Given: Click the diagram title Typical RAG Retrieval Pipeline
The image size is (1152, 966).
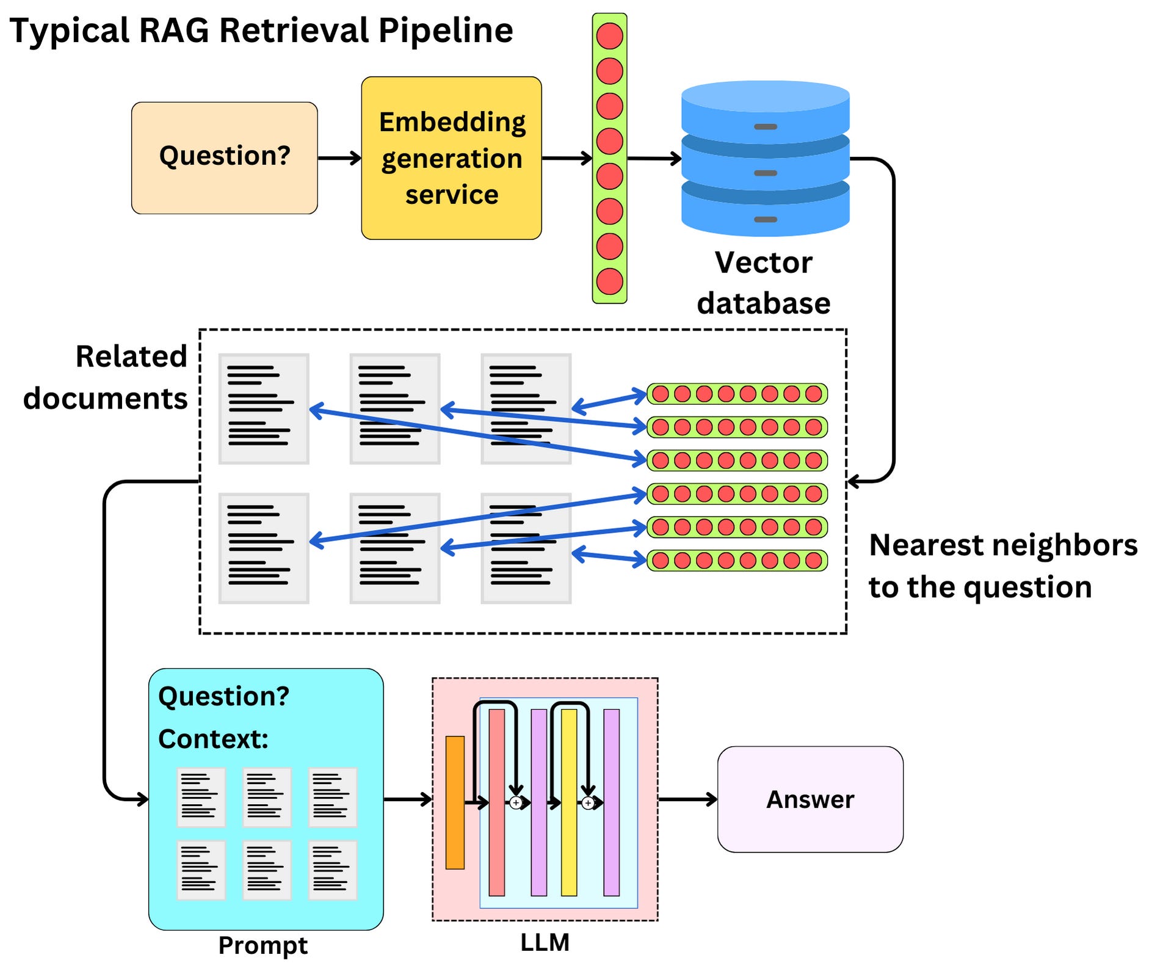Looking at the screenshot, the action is [x=261, y=31].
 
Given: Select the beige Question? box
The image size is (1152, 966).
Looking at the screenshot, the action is [x=224, y=158].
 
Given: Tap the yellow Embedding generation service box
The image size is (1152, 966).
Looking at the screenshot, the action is [x=451, y=158].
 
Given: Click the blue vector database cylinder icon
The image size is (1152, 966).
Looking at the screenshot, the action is [x=765, y=159].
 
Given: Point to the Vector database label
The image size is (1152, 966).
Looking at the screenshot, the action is [x=764, y=283].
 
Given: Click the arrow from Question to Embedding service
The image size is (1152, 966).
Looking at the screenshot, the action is [x=339, y=158].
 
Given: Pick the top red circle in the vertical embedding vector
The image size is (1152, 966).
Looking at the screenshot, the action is [x=609, y=35].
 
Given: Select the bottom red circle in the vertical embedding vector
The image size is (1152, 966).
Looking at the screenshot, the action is [x=609, y=281].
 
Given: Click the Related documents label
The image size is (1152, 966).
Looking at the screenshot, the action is [x=105, y=377].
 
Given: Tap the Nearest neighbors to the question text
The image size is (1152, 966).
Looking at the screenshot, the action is [x=1003, y=565].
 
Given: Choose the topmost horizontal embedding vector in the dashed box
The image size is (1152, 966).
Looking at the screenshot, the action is [x=737, y=394].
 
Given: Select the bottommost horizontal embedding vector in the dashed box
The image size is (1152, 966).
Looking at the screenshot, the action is [x=737, y=560].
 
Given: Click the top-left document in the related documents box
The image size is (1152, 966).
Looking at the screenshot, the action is [x=264, y=409].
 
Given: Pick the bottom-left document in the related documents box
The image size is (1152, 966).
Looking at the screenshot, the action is [x=264, y=548].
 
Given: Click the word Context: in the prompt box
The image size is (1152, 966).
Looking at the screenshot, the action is [x=213, y=739].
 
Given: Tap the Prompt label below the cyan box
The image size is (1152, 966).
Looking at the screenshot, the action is [x=263, y=945].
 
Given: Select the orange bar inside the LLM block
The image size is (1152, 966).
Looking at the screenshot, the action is [x=455, y=802].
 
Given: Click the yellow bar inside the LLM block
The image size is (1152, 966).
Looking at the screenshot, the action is [x=569, y=802].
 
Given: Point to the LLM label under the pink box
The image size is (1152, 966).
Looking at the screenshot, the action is [x=545, y=942].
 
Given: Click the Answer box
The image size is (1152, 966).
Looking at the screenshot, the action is [x=810, y=799].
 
